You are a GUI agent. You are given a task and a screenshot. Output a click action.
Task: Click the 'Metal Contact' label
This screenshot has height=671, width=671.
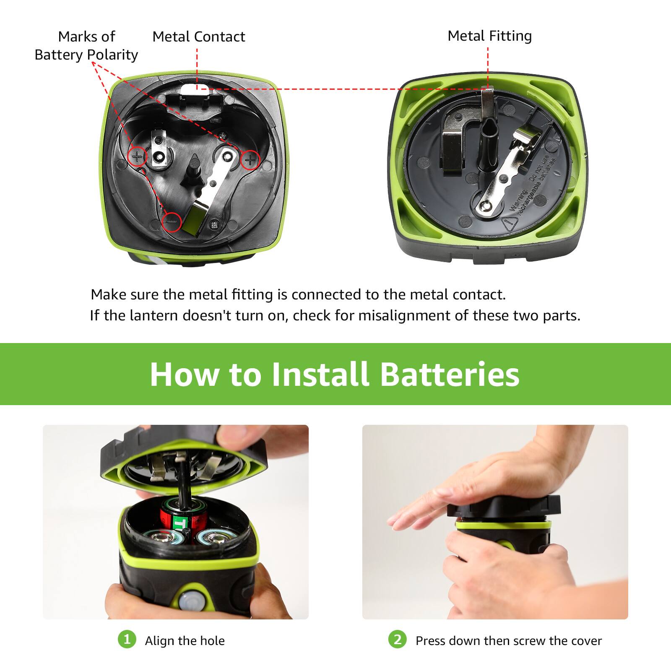[x=198, y=37]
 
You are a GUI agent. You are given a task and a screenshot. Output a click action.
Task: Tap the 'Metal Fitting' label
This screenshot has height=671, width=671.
[x=489, y=36]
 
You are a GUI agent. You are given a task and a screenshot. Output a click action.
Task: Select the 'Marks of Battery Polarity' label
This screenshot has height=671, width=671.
[x=86, y=46]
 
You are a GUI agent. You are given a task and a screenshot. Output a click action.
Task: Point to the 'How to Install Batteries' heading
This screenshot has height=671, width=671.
[x=335, y=374]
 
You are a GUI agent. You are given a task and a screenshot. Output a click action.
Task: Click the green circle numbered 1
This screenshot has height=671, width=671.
[x=127, y=640]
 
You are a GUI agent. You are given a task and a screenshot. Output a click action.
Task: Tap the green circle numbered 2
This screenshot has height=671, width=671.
[x=397, y=640]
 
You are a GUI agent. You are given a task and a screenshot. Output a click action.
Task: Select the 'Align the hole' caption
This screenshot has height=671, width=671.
[x=185, y=641]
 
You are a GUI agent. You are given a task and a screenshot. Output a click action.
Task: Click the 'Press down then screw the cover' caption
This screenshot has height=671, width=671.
[x=508, y=641]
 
